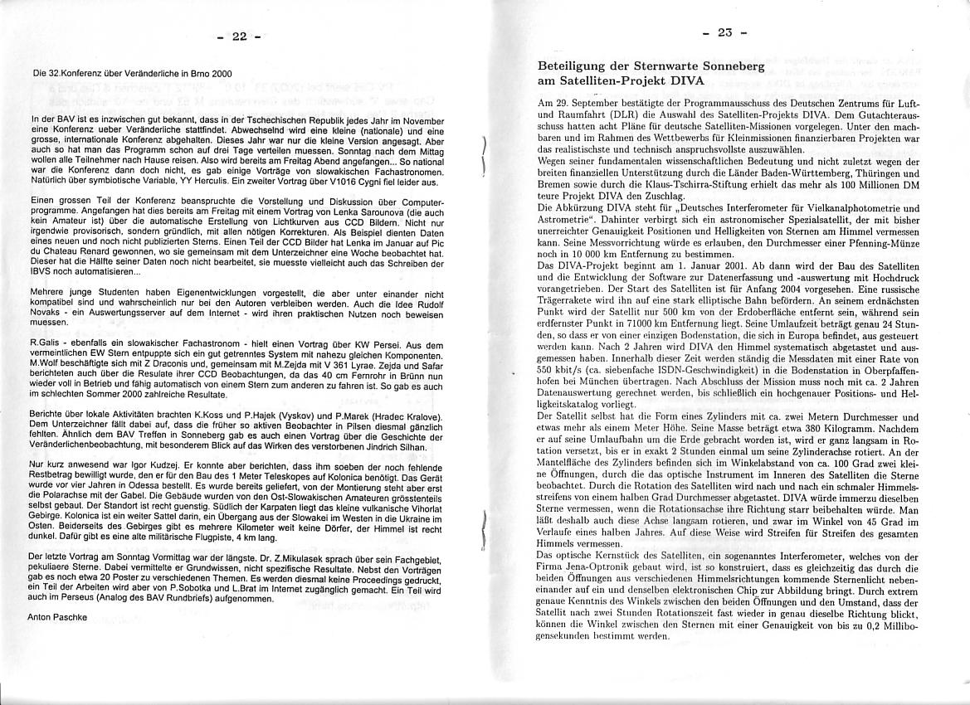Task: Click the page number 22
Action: (x=240, y=36)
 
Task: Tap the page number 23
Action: (x=725, y=33)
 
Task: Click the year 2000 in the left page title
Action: (x=218, y=74)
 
